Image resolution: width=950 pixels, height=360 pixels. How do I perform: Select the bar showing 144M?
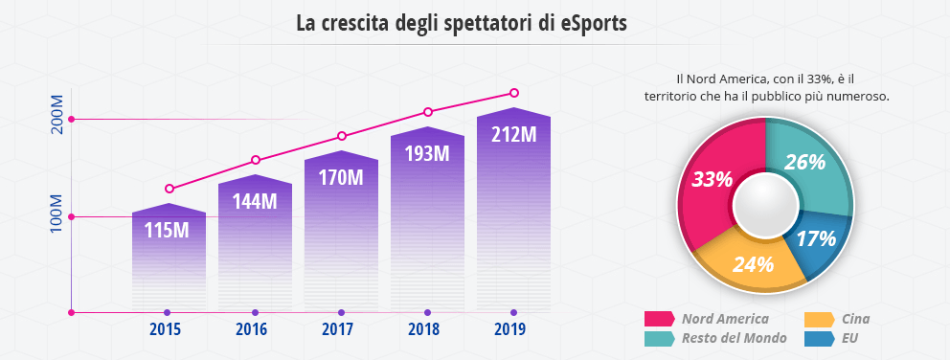[255, 239]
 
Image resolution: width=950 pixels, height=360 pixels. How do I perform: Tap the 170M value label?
[341, 177]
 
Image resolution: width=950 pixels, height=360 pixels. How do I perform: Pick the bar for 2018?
[427, 220]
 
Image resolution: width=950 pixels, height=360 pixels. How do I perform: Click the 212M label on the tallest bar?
[513, 134]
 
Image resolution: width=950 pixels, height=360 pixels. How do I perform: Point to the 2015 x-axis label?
[168, 330]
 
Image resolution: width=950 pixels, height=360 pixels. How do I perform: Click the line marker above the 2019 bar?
[514, 93]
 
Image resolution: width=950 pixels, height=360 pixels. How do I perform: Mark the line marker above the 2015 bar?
[170, 189]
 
